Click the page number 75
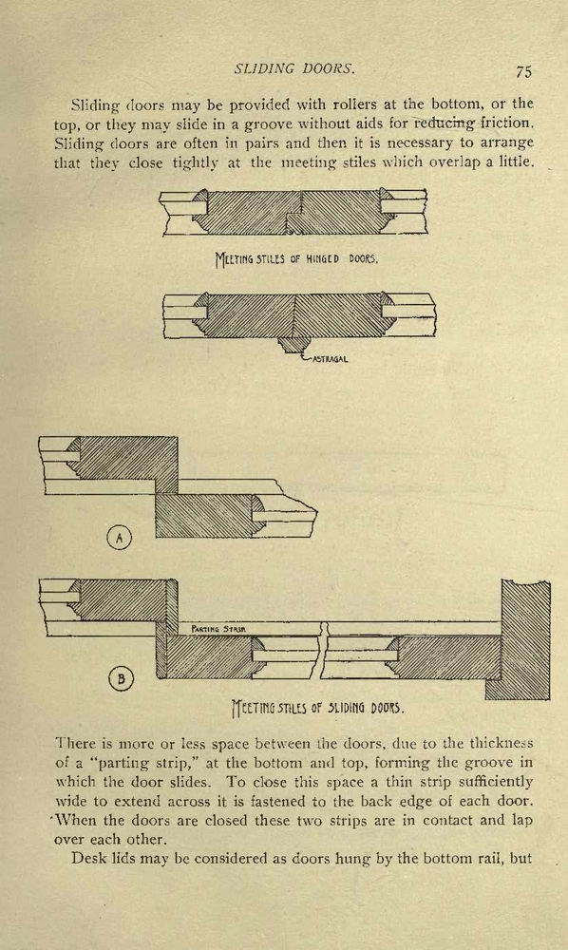click(523, 71)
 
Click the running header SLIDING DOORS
click(293, 68)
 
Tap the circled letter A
click(120, 538)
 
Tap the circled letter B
click(121, 678)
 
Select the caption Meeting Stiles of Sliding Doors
click(318, 707)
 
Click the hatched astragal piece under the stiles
click(293, 345)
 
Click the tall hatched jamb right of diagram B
click(524, 639)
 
